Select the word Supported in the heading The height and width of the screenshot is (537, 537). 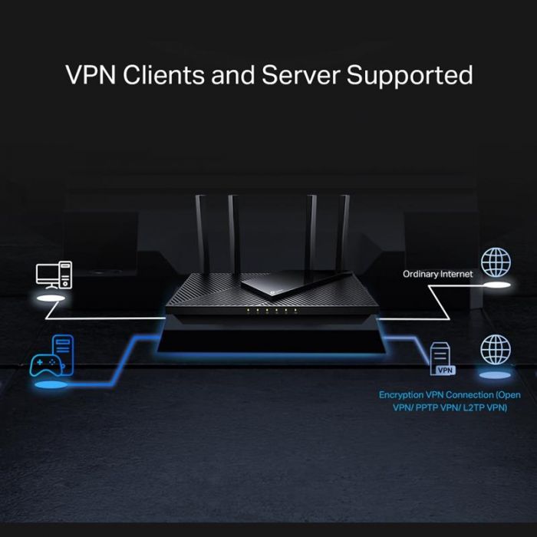click(x=410, y=76)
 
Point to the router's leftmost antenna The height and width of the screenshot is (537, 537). click(x=202, y=230)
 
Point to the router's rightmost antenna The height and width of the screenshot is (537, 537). click(x=344, y=230)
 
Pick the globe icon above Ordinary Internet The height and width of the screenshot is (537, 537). click(x=495, y=262)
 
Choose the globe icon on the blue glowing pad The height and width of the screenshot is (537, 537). click(x=495, y=350)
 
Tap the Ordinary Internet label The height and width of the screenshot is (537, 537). click(x=438, y=273)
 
